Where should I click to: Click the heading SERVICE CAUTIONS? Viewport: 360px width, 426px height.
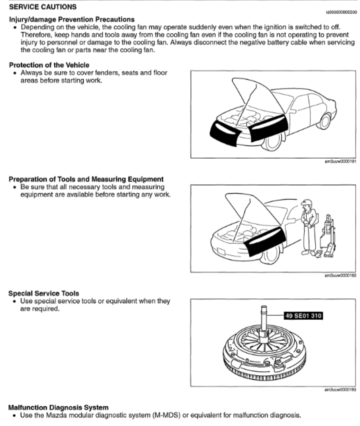pos(43,7)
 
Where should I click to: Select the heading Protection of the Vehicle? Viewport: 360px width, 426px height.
pos(49,65)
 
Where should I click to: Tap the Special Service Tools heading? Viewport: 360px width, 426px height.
pos(44,293)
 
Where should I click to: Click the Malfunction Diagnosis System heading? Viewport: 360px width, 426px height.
pos(58,407)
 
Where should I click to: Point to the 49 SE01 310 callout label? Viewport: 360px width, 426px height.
pos(303,315)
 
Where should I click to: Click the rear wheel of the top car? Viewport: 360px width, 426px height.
pos(324,122)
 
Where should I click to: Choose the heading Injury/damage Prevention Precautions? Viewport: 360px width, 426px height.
pos(72,19)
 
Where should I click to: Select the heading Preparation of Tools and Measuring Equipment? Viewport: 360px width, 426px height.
pos(86,179)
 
